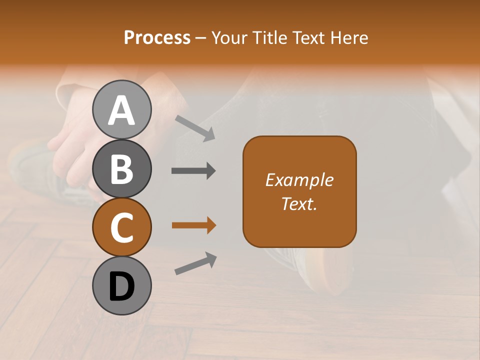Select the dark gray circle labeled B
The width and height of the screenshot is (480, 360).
point(122,168)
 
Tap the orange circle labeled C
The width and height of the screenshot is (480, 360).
point(122,227)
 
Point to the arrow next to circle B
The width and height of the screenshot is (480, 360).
point(193,171)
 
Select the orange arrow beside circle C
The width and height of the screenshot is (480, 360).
point(193,226)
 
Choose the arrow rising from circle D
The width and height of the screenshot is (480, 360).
point(195,263)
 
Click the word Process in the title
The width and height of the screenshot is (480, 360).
point(157,38)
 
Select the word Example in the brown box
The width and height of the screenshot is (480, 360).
point(299,180)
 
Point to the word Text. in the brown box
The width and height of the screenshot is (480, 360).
point(299,203)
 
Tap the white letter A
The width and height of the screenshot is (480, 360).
point(122,110)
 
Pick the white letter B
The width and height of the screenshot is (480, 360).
point(122,169)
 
